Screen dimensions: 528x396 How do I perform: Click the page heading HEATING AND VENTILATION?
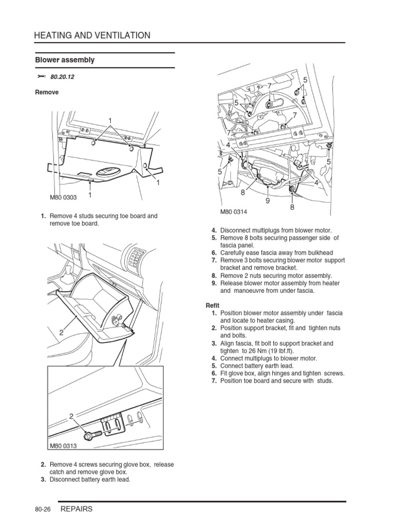[x=92, y=36]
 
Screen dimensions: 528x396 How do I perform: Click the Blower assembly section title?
[x=65, y=60]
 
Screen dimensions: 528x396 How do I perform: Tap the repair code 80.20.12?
[x=62, y=77]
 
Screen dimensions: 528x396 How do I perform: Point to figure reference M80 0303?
[x=63, y=197]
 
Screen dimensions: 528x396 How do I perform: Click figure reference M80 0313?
[x=63, y=447]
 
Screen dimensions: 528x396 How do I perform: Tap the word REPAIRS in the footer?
[x=77, y=509]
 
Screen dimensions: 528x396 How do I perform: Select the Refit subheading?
[x=212, y=306]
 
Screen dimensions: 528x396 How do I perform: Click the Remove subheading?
[x=46, y=92]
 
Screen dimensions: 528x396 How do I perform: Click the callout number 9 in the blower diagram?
[x=268, y=201]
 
